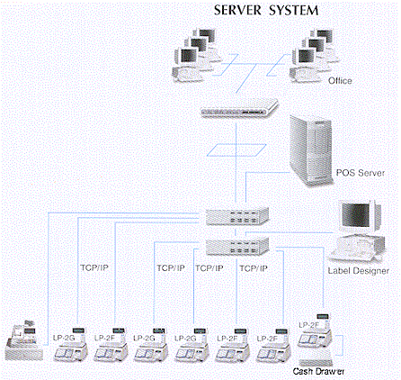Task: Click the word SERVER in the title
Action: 237,10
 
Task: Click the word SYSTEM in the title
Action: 293,11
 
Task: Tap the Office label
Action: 340,80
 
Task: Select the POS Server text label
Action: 361,173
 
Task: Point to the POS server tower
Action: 311,150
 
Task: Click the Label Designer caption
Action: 359,270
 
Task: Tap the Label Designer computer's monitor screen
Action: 356,214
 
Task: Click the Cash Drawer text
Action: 318,371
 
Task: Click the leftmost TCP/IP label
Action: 94,267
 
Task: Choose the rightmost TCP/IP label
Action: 254,268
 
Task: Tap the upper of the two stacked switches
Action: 237,216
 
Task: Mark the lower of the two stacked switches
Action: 237,247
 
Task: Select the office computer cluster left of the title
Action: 196,55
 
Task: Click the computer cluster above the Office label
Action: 313,55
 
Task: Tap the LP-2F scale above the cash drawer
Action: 315,332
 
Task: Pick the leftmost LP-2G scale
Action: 71,345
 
